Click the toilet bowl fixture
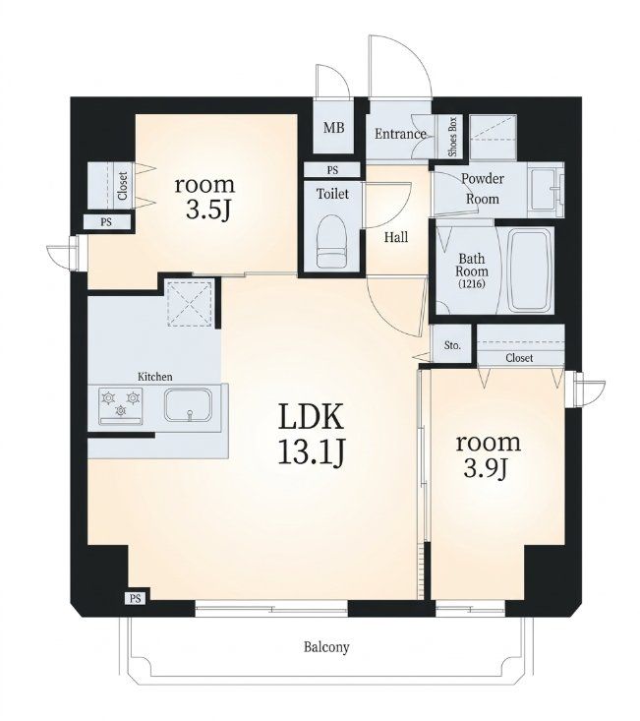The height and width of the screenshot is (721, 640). pyautogui.click(x=331, y=241)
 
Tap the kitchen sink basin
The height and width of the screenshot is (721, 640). pyautogui.click(x=189, y=404)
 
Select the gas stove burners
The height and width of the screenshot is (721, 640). pyautogui.click(x=121, y=403)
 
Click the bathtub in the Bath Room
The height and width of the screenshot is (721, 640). pyautogui.click(x=529, y=270)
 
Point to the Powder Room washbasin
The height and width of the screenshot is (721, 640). pyautogui.click(x=546, y=189)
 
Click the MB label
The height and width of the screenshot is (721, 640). pyautogui.click(x=333, y=127)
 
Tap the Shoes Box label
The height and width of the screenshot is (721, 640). pyautogui.click(x=452, y=137)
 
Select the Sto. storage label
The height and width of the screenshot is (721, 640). pyautogui.click(x=452, y=345)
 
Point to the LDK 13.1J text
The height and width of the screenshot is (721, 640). pyautogui.click(x=311, y=434)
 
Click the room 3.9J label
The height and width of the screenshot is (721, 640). pyautogui.click(x=488, y=454)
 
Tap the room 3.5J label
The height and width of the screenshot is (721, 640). pyautogui.click(x=204, y=197)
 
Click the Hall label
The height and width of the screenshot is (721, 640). pyautogui.click(x=396, y=237)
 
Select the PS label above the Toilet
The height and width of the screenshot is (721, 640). pyautogui.click(x=332, y=170)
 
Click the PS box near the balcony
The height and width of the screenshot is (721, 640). pyautogui.click(x=135, y=599)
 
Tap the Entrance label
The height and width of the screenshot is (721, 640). pyautogui.click(x=400, y=134)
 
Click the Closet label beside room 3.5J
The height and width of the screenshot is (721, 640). pyautogui.click(x=123, y=186)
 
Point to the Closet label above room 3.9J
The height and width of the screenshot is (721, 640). pyautogui.click(x=519, y=358)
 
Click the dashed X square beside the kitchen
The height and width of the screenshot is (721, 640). pyautogui.click(x=190, y=304)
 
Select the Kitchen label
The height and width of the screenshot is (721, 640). pyautogui.click(x=155, y=377)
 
